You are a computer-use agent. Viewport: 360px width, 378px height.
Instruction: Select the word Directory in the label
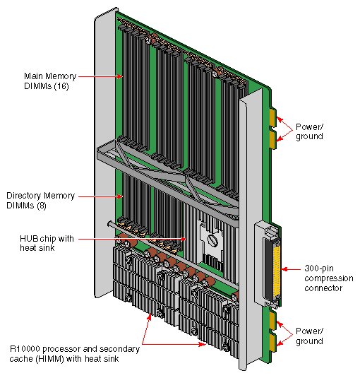click(x=23, y=194)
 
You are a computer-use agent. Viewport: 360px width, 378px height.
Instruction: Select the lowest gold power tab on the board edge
click(x=273, y=345)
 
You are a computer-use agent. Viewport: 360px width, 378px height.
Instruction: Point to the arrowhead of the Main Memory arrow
click(x=121, y=76)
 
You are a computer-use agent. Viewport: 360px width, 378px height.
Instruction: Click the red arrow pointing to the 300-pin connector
click(x=292, y=269)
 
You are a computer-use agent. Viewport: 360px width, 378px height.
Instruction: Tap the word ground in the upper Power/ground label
click(x=309, y=136)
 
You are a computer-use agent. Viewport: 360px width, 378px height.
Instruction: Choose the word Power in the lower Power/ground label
click(x=308, y=331)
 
